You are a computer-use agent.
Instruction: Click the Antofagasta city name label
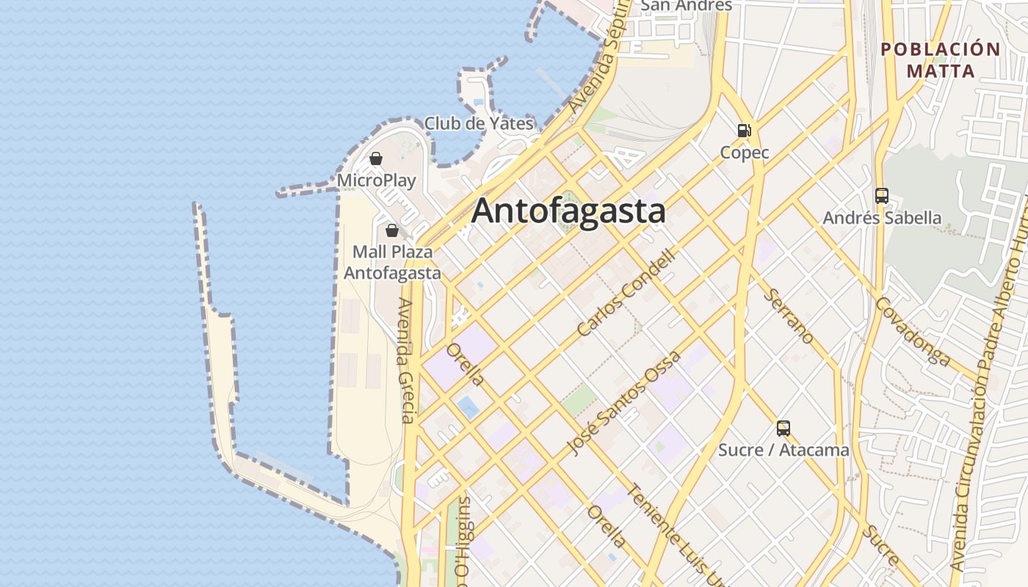(568, 211)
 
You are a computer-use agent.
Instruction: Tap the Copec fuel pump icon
(744, 131)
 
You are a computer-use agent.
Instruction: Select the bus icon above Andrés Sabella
(882, 196)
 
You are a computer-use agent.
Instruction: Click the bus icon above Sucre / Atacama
(783, 428)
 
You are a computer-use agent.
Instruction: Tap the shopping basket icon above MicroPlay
(376, 158)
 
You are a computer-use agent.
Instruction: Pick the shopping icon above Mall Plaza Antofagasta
(392, 230)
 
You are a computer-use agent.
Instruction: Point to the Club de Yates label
(479, 123)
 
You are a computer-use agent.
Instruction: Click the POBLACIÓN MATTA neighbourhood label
(941, 60)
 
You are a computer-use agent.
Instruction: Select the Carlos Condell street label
(626, 293)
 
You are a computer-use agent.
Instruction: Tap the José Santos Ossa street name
(625, 403)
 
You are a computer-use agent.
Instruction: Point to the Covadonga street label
(913, 332)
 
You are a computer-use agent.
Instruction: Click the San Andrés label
(687, 6)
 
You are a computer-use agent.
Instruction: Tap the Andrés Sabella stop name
(882, 218)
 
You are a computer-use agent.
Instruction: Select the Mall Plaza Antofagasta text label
(393, 263)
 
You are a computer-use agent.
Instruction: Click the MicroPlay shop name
(377, 181)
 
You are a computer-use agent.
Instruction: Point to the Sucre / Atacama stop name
(783, 450)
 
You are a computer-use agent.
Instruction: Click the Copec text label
(745, 153)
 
